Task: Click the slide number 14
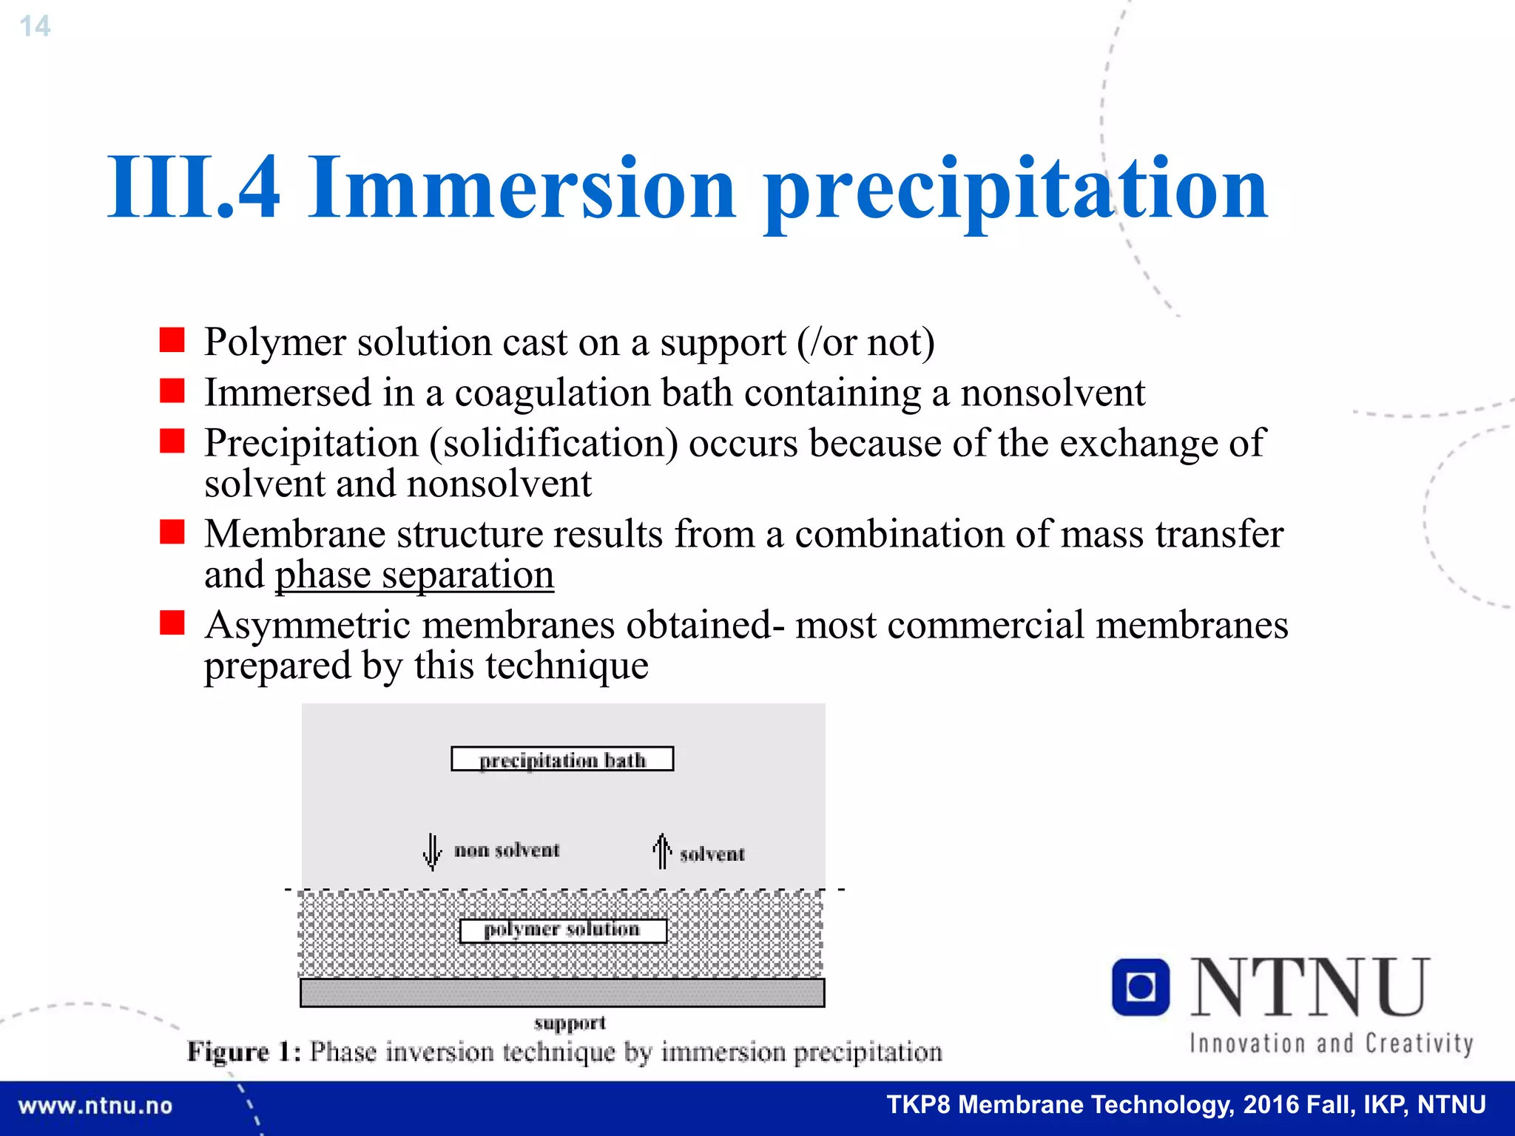tap(35, 27)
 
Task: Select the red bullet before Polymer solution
tap(172, 340)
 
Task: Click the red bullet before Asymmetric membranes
tap(172, 623)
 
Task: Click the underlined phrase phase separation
tap(414, 575)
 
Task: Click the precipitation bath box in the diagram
tap(562, 760)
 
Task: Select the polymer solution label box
tap(562, 930)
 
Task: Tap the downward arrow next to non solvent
tap(433, 852)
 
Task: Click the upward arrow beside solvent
tap(662, 851)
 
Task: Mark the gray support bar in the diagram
tap(562, 993)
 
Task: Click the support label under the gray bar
tap(570, 1023)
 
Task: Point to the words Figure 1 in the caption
tap(243, 1051)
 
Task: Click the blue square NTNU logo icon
tap(1140, 987)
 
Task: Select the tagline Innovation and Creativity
tap(1331, 1044)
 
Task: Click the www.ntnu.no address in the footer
tap(95, 1106)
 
